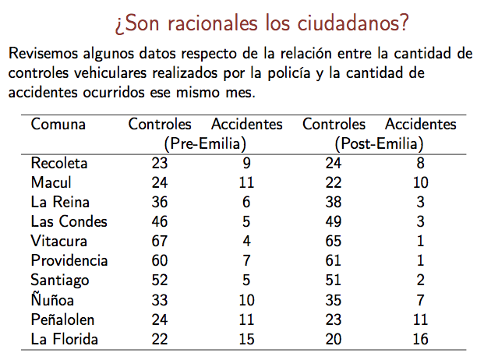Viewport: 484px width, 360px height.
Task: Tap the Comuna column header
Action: [58, 125]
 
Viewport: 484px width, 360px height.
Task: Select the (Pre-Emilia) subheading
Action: [205, 143]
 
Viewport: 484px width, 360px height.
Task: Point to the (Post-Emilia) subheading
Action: [379, 143]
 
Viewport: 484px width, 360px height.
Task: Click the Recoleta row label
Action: [59, 164]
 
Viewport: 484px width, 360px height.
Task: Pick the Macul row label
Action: [51, 182]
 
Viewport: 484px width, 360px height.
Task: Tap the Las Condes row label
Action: [69, 221]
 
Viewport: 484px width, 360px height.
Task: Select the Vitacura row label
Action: [58, 241]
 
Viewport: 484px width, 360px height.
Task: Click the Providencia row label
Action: [69, 260]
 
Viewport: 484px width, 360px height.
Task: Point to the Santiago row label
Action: [60, 280]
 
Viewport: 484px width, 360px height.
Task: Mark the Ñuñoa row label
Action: [53, 299]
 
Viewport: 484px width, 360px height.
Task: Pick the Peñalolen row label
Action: [65, 319]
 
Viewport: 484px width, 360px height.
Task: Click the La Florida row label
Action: [64, 339]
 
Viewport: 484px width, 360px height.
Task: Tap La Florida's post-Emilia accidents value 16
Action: [421, 339]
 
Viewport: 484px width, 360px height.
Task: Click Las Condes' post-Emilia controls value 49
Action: [334, 221]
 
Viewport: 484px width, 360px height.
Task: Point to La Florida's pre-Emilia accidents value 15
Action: [246, 339]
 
